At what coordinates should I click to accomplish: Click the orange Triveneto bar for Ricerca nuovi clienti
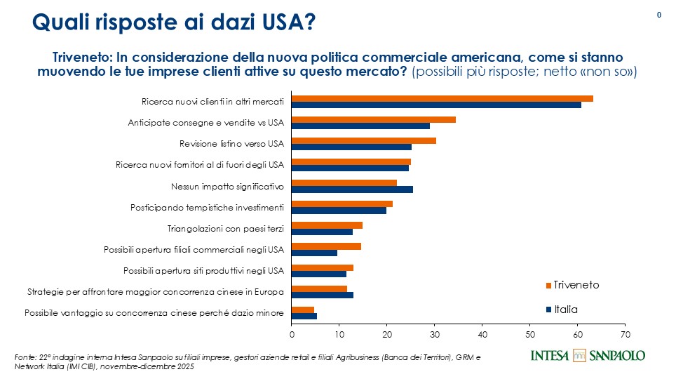[x=442, y=98]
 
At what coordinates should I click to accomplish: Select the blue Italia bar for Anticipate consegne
[x=360, y=126]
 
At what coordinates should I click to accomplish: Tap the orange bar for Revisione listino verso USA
[x=363, y=140]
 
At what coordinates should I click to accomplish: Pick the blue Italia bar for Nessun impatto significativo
[x=352, y=189]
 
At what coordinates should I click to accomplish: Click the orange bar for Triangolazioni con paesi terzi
[x=327, y=225]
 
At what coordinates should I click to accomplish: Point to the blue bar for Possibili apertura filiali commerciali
[x=314, y=253]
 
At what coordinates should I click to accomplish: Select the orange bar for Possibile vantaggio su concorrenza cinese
[x=303, y=310]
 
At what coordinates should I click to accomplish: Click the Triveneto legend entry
[x=572, y=285]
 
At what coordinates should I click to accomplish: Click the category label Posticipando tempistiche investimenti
[x=207, y=208]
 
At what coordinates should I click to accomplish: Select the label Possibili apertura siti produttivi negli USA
[x=203, y=270]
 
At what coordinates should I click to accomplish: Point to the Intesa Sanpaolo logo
[x=588, y=355]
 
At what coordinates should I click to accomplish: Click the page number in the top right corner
[x=659, y=15]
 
